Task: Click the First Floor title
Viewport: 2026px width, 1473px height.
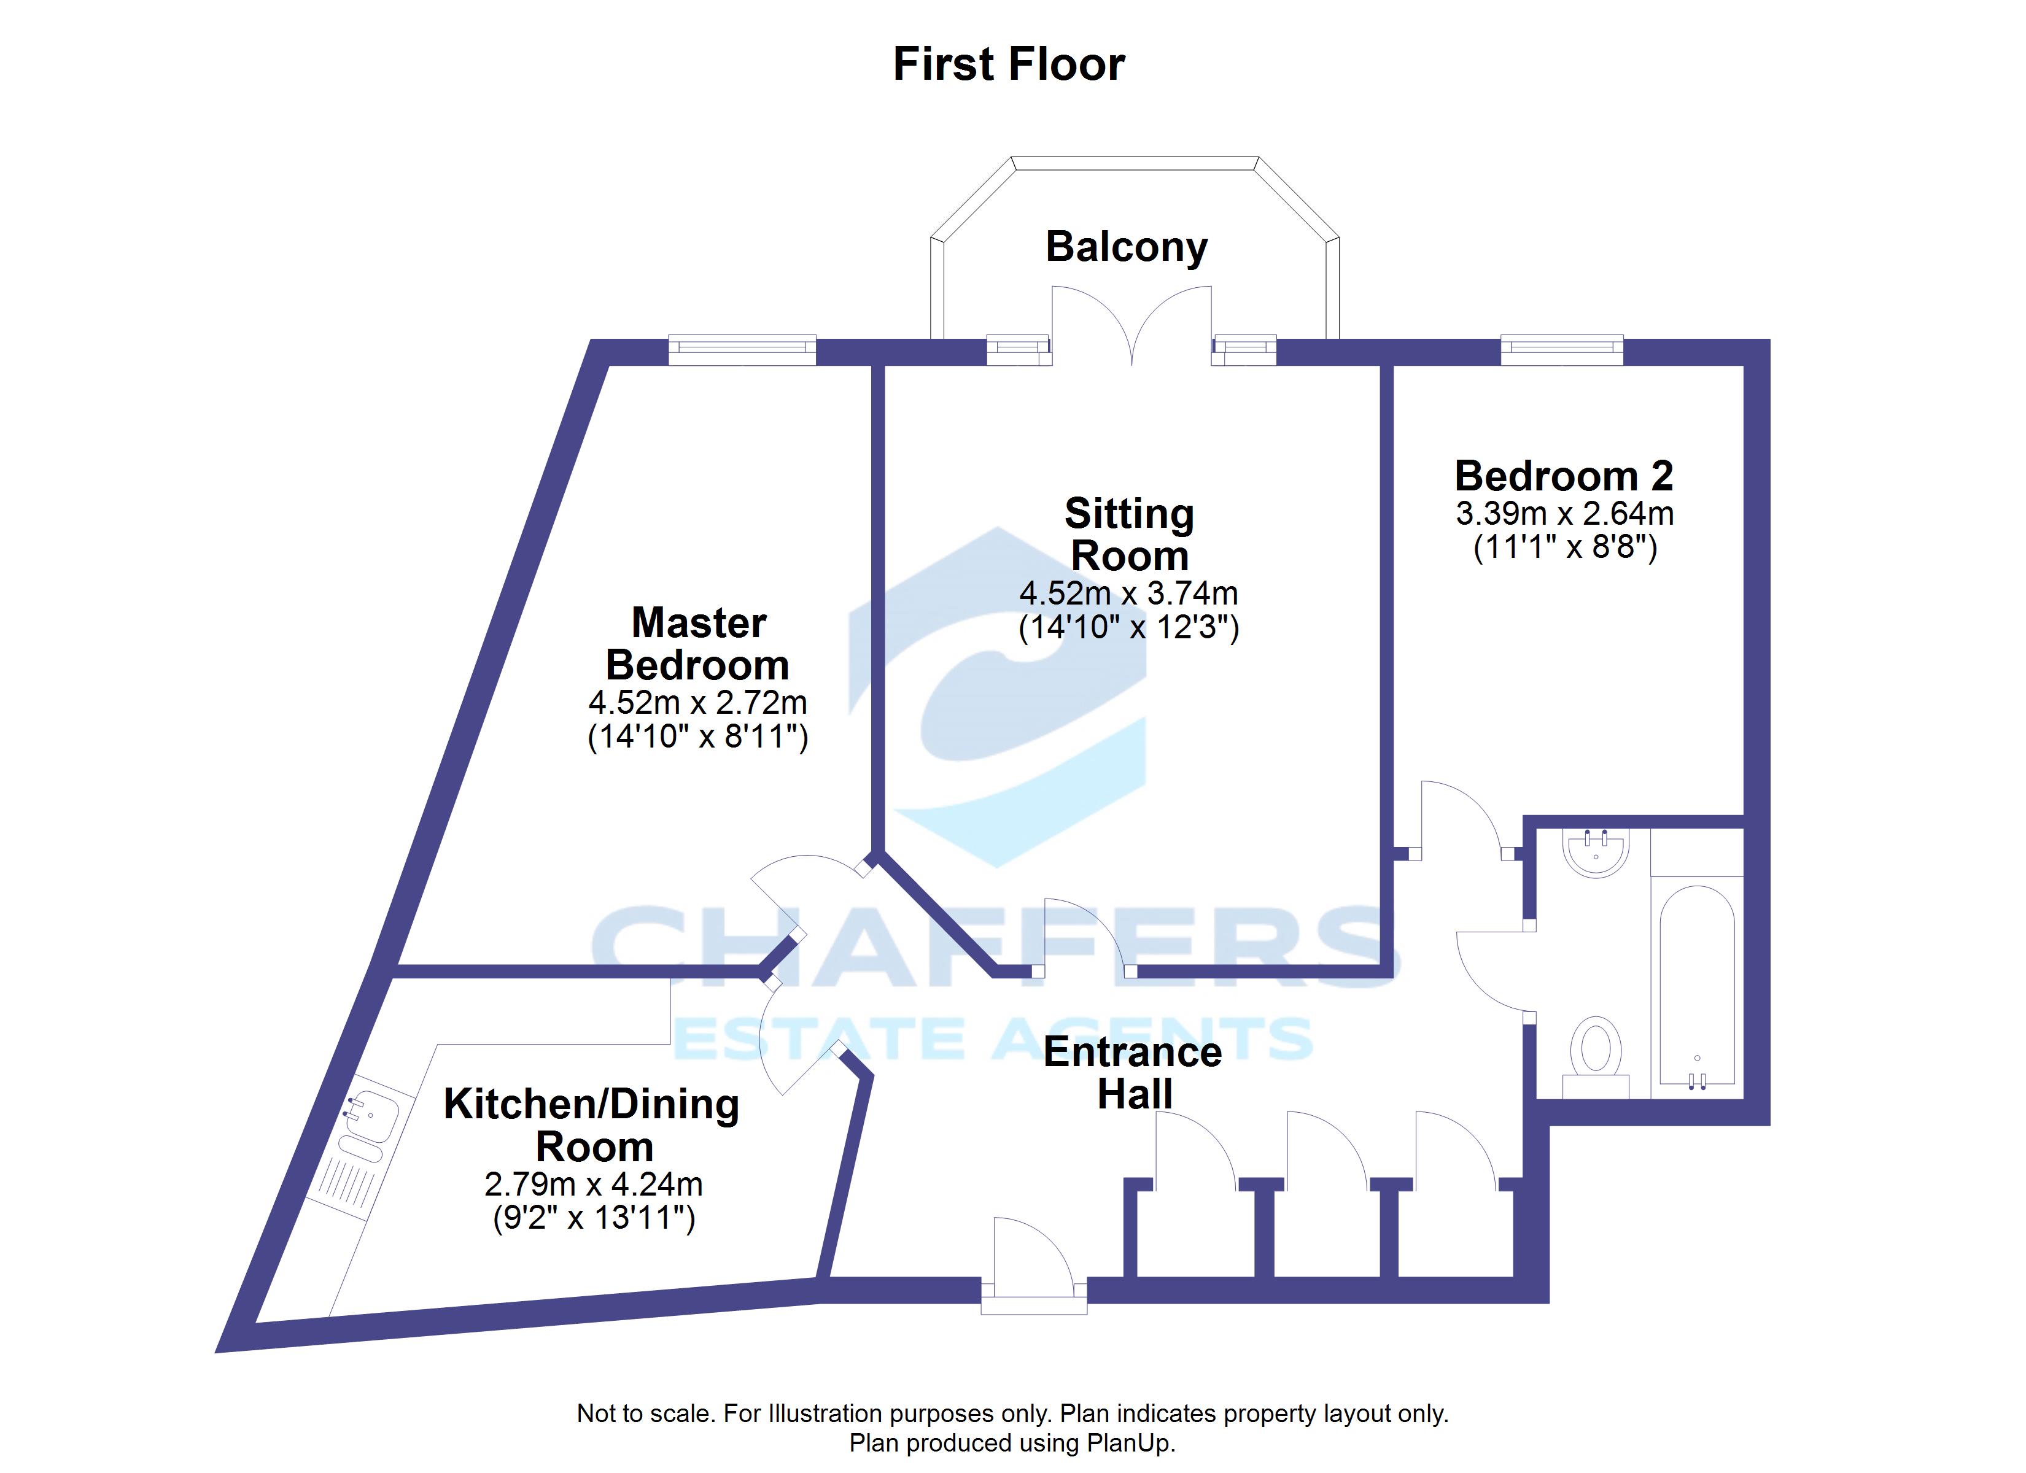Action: (x=1009, y=64)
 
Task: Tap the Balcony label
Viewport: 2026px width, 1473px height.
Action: (x=1127, y=247)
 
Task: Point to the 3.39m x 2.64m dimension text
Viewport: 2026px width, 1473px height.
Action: (x=1564, y=514)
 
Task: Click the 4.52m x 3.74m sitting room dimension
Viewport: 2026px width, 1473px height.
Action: (x=1128, y=593)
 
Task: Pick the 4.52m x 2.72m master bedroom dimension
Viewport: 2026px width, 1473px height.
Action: (x=697, y=702)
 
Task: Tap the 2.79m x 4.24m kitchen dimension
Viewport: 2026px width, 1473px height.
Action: (x=593, y=1185)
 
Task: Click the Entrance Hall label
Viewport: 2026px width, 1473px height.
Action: (x=1133, y=1073)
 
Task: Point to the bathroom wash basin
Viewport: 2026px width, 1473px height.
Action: (x=1596, y=851)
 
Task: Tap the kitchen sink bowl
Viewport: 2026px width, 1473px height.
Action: (x=370, y=1116)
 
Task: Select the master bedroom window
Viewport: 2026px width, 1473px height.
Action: (x=742, y=349)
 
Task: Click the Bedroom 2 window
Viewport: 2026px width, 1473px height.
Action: (x=1561, y=349)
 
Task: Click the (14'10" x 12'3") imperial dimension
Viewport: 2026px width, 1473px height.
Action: (x=1128, y=628)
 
